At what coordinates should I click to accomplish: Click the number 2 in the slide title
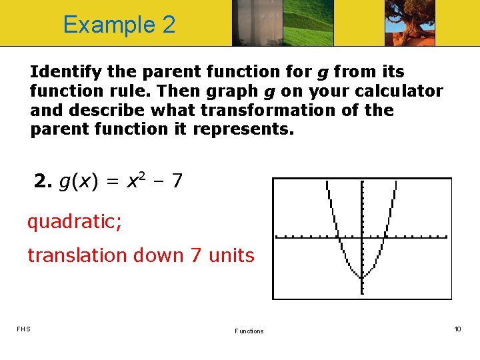click(x=168, y=25)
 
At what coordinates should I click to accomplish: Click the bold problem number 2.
click(x=42, y=180)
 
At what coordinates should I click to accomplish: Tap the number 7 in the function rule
click(x=176, y=180)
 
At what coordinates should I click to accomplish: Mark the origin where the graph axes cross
click(x=361, y=236)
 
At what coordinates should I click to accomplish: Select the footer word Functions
click(x=249, y=331)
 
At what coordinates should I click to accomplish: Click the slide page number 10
click(x=457, y=329)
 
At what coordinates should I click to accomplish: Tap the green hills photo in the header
click(x=308, y=23)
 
